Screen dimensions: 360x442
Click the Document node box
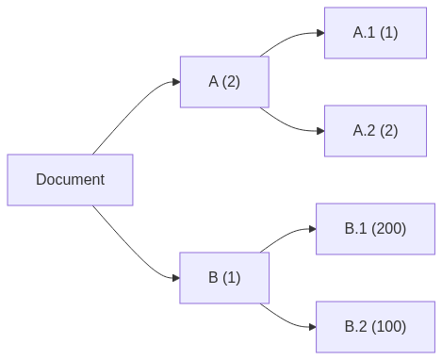pyautogui.click(x=70, y=179)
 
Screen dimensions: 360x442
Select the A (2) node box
pyautogui.click(x=224, y=82)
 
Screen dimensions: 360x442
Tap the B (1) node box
pyautogui.click(x=224, y=277)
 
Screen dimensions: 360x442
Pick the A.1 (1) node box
pyautogui.click(x=375, y=33)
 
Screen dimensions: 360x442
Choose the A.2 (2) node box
pyautogui.click(x=375, y=130)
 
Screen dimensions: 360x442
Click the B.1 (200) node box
pyautogui.click(x=375, y=228)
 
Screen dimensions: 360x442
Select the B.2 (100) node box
pyautogui.click(x=375, y=326)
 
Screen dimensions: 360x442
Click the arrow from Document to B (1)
pyautogui.click(x=132, y=248)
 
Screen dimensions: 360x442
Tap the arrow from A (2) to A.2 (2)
pyautogui.click(x=292, y=125)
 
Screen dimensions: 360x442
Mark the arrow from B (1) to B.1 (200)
pyautogui.click(x=287, y=235)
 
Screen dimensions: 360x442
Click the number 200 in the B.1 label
pyautogui.click(x=389, y=228)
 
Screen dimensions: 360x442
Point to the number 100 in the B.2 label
pyautogui.click(x=389, y=326)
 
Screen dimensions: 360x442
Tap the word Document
pyautogui.click(x=70, y=179)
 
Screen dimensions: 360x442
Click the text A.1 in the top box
pyautogui.click(x=363, y=33)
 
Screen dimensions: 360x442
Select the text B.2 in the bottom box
pyautogui.click(x=354, y=326)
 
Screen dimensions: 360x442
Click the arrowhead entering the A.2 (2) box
pyautogui.click(x=319, y=130)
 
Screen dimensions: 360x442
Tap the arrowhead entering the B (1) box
pyautogui.click(x=174, y=277)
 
